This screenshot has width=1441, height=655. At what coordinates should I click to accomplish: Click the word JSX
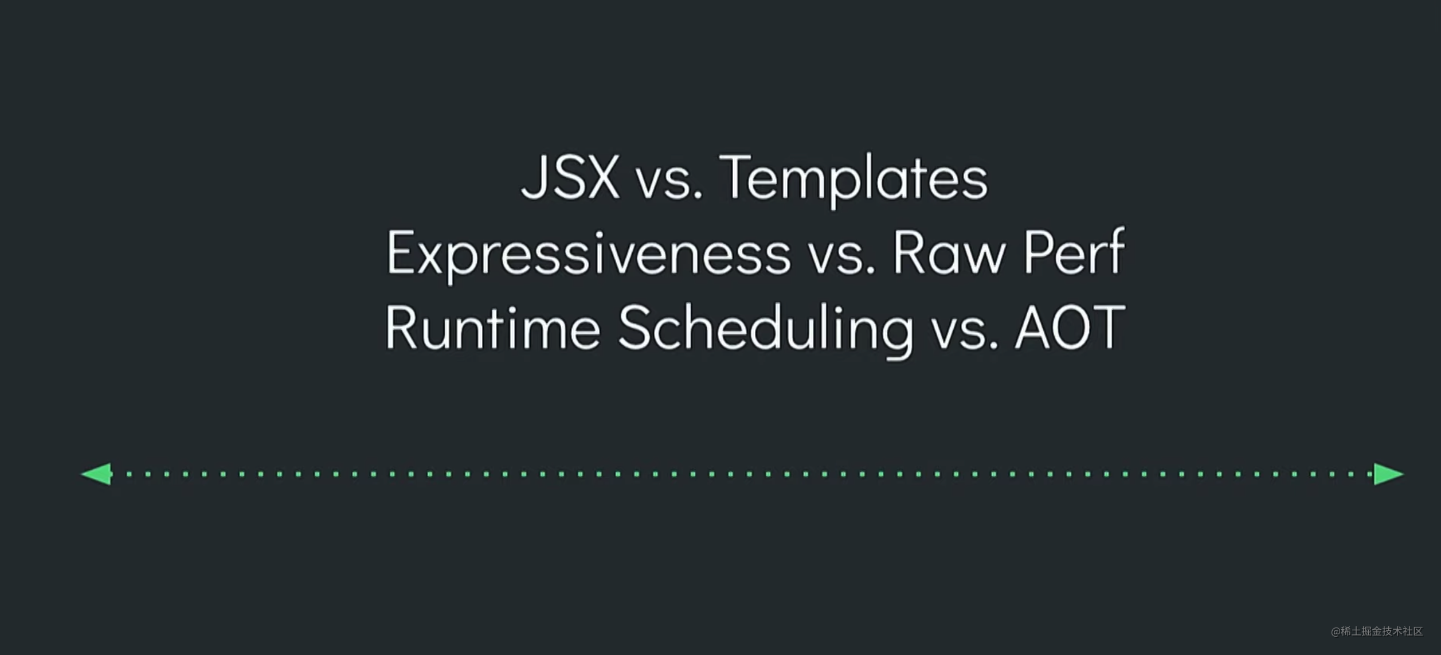point(570,177)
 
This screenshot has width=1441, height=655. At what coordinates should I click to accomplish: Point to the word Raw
point(949,253)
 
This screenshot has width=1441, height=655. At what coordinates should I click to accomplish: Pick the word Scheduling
point(766,329)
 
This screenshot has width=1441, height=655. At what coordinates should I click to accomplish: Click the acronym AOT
point(1070,326)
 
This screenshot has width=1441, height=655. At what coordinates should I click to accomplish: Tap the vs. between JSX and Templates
point(669,183)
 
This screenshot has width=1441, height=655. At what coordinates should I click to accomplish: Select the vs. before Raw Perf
point(842,258)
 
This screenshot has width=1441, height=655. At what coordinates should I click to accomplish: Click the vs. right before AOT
point(965,333)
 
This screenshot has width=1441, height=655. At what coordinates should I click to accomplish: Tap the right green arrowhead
point(1389,474)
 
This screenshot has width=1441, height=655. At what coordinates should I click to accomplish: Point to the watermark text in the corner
point(1377,631)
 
